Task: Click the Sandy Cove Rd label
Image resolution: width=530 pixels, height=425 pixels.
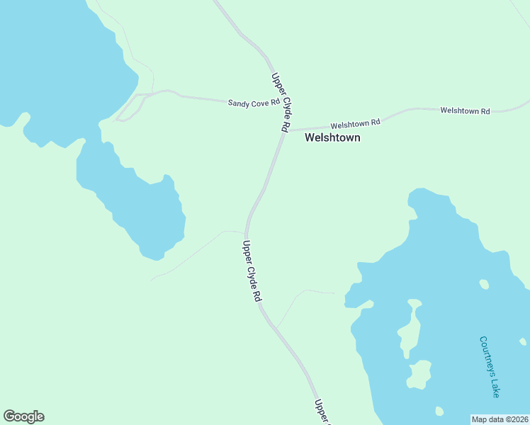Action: [x=254, y=103]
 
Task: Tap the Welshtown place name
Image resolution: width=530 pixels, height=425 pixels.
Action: [x=332, y=138]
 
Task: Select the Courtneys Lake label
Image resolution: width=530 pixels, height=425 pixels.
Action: [x=490, y=366]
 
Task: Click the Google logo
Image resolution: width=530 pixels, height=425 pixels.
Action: [x=23, y=416]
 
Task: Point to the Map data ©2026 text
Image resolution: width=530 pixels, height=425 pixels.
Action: [x=500, y=419]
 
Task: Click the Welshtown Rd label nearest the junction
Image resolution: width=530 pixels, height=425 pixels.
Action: [x=355, y=123]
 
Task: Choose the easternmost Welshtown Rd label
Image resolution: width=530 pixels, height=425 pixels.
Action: [x=465, y=111]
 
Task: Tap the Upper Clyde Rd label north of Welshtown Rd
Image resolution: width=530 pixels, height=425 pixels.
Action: [x=280, y=101]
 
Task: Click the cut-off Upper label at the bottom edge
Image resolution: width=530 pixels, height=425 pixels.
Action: [x=322, y=412]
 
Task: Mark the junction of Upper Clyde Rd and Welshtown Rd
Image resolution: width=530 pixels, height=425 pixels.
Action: [x=285, y=131]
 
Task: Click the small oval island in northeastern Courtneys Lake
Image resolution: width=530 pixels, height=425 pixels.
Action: [x=484, y=285]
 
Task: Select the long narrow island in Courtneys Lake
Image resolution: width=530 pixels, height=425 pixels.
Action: [x=410, y=329]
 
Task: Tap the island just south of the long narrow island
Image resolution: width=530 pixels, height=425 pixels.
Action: [x=419, y=373]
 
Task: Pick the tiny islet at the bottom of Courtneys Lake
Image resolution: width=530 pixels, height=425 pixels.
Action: [x=439, y=411]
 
